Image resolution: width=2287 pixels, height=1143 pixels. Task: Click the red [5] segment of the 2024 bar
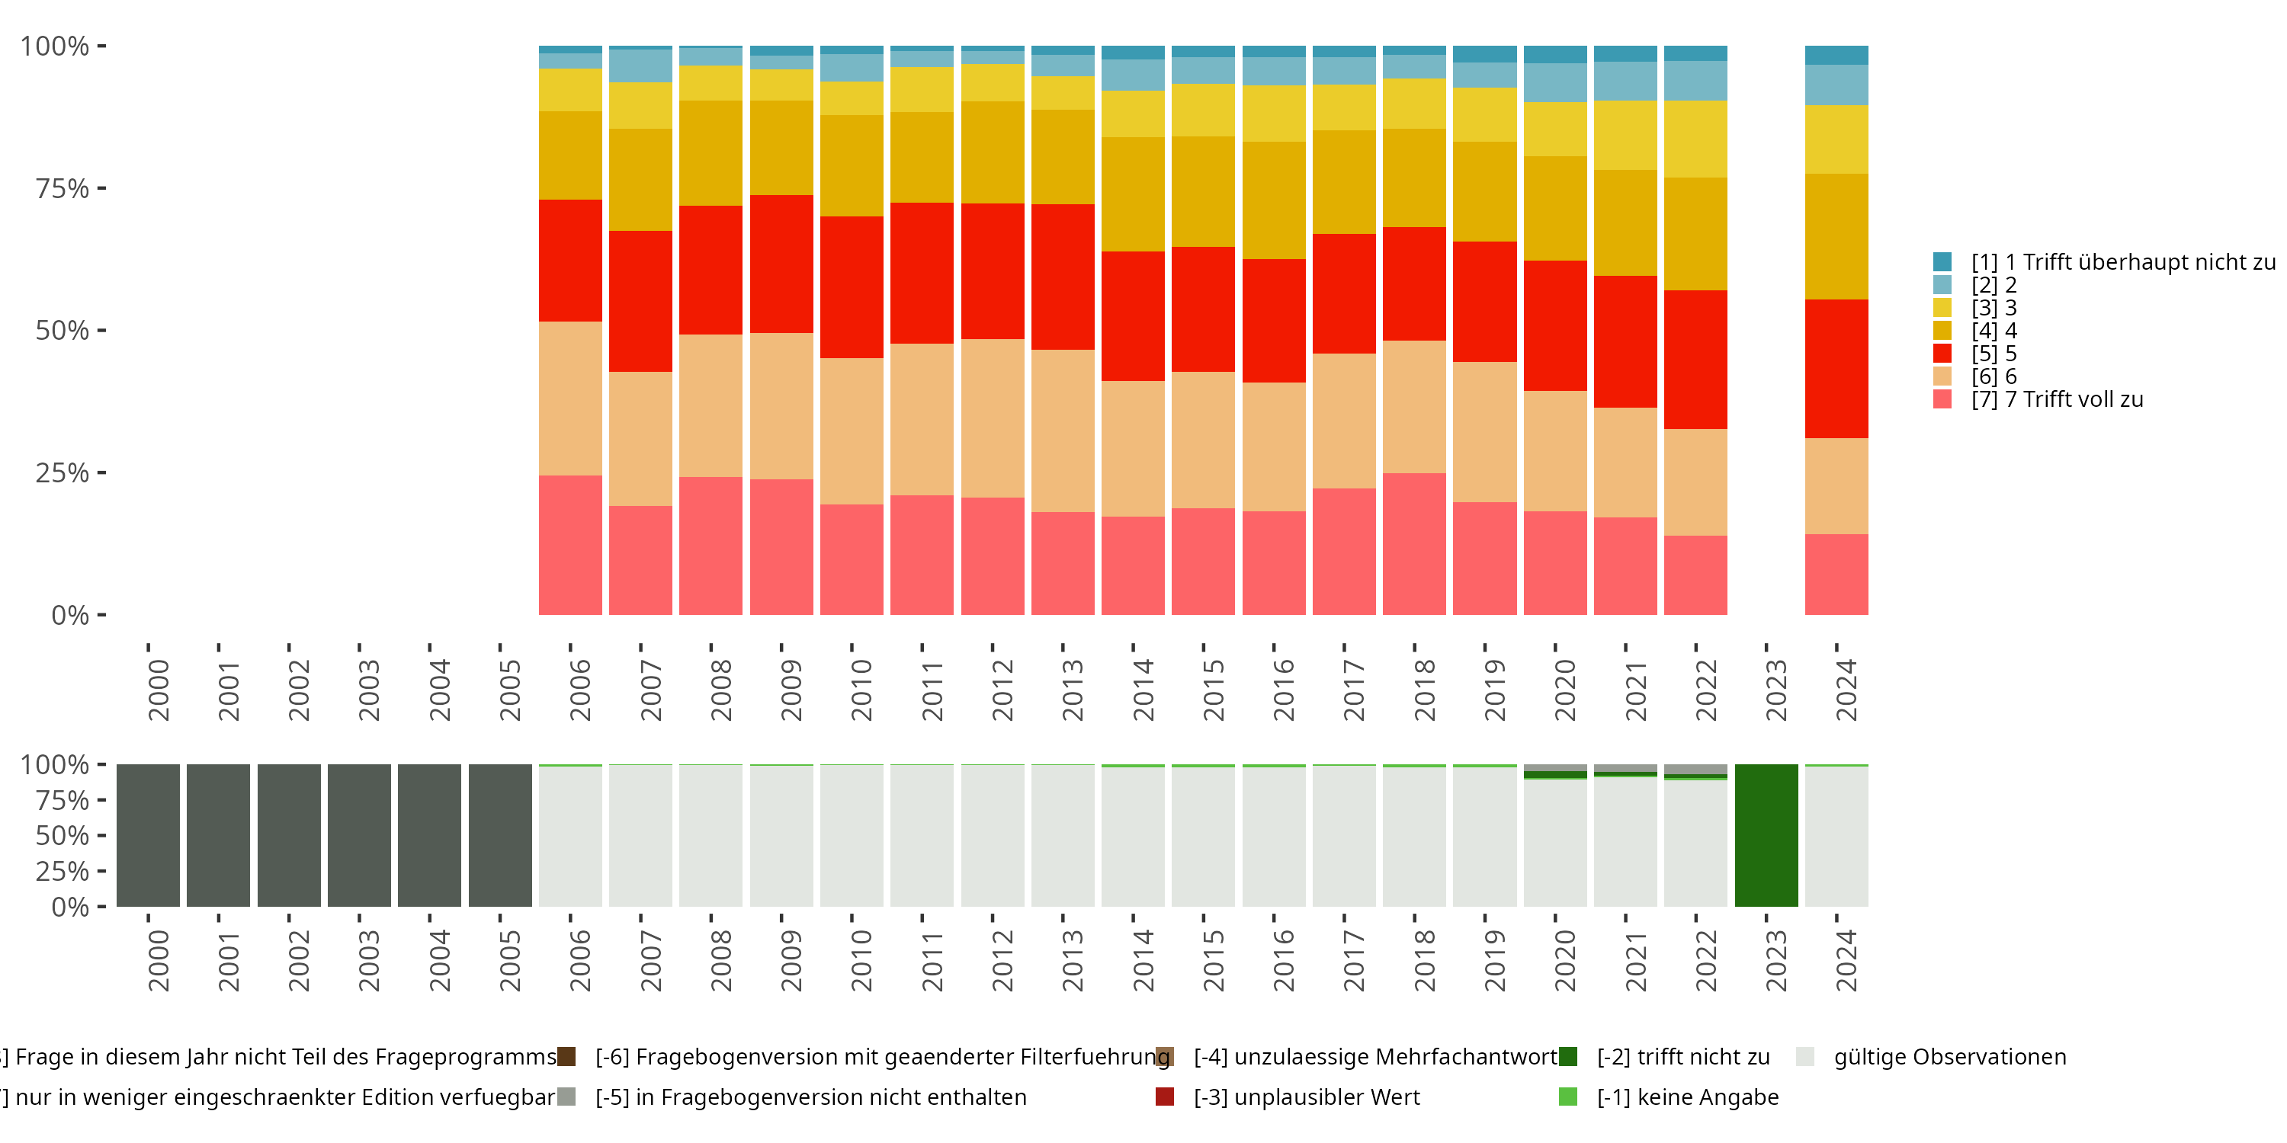[x=1836, y=368]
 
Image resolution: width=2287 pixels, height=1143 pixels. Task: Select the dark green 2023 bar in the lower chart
[x=1766, y=835]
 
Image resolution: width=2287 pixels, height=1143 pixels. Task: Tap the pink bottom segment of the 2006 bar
[x=570, y=545]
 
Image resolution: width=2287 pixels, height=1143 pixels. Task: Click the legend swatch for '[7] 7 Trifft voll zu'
[x=1942, y=399]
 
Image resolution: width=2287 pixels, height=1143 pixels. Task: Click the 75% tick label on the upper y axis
[x=63, y=188]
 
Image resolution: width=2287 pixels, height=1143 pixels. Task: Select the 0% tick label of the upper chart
[x=70, y=615]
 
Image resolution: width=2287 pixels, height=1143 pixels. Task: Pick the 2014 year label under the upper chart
[x=1143, y=690]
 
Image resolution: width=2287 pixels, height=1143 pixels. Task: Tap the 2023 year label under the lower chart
[x=1775, y=960]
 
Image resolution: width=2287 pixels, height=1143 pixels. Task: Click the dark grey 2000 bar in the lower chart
[x=147, y=835]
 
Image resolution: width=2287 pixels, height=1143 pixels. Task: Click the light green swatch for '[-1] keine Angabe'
[x=1568, y=1097]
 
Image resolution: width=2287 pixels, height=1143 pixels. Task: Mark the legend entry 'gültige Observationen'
[x=1949, y=1057]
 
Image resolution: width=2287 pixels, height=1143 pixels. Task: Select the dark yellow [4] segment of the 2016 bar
[x=1273, y=200]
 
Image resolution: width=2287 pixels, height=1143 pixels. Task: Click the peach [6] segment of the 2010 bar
[x=852, y=431]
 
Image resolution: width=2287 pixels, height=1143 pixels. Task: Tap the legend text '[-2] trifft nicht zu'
[x=1682, y=1057]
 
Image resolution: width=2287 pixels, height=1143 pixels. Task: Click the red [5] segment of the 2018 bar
[x=1414, y=284]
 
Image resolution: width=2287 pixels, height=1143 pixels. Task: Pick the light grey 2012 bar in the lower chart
[x=993, y=835]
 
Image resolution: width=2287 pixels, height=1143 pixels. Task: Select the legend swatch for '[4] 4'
[x=1942, y=330]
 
